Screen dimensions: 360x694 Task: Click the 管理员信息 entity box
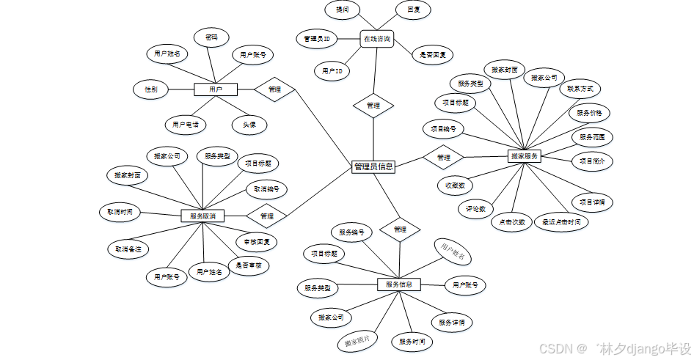pyautogui.click(x=373, y=166)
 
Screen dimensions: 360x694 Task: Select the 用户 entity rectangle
pyautogui.click(x=216, y=89)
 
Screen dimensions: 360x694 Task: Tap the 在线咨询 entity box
pyautogui.click(x=377, y=38)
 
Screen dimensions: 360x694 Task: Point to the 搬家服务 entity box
pyautogui.click(x=524, y=156)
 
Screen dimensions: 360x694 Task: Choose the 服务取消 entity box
pyautogui.click(x=202, y=216)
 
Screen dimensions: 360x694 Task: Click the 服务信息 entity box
pyautogui.click(x=399, y=284)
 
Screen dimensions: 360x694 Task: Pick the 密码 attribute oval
pyautogui.click(x=211, y=37)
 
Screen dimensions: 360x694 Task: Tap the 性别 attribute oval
pyautogui.click(x=151, y=89)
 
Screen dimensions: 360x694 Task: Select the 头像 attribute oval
pyautogui.click(x=249, y=125)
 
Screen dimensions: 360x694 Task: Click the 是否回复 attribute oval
pyautogui.click(x=437, y=55)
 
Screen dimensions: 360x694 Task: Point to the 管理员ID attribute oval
pyautogui.click(x=316, y=38)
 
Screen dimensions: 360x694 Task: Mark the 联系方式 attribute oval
pyautogui.click(x=580, y=89)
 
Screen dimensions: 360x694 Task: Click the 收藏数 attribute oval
pyautogui.click(x=455, y=186)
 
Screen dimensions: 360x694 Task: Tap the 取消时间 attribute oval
pyautogui.click(x=119, y=213)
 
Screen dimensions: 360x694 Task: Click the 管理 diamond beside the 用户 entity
pyautogui.click(x=274, y=89)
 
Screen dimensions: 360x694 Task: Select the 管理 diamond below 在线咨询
pyautogui.click(x=373, y=106)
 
